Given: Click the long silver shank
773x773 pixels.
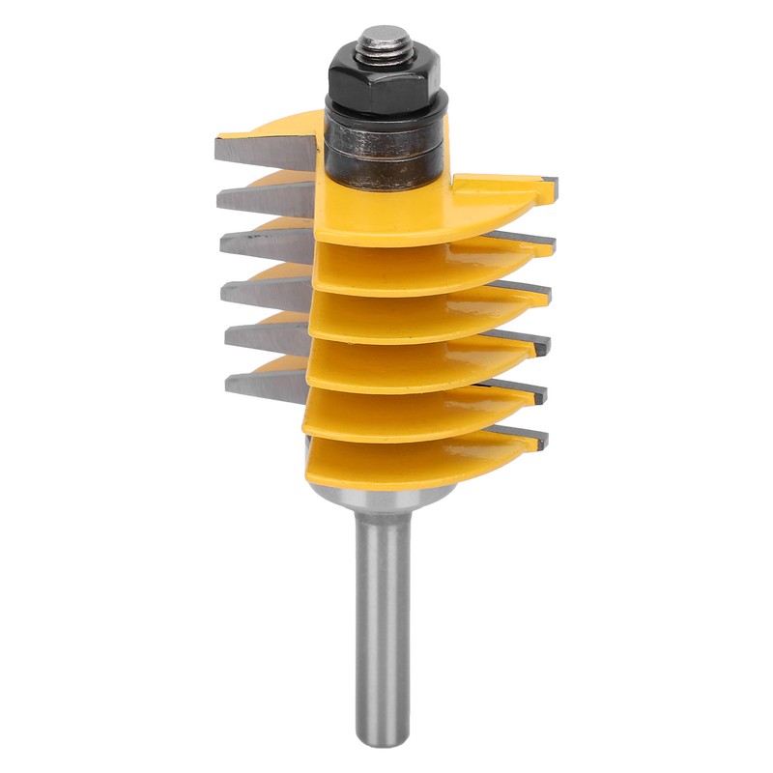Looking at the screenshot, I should click(382, 618).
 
